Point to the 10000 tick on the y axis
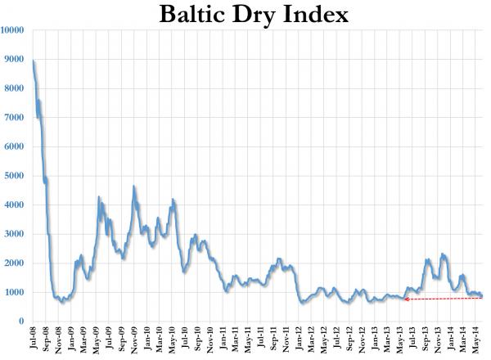[x=12, y=30]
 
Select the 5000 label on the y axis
[x=15, y=176]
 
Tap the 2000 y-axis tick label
[x=15, y=263]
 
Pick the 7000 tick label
[x=15, y=118]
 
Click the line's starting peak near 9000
[x=33, y=61]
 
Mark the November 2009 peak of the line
[x=134, y=187]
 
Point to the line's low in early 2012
[x=301, y=303]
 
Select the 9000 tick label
[x=15, y=60]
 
